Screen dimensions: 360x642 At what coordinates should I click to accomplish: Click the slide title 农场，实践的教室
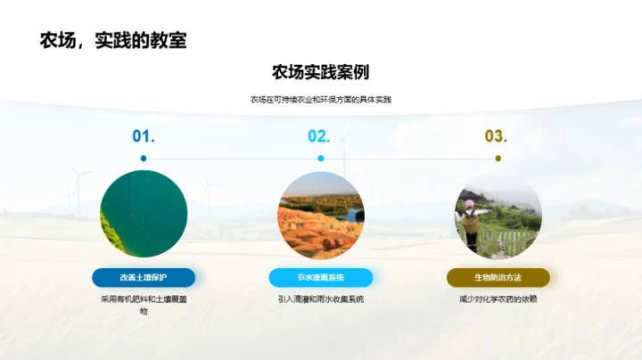coord(114,41)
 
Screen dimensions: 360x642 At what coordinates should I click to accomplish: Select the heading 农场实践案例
coord(320,72)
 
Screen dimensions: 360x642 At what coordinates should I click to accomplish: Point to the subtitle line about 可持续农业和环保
coord(320,100)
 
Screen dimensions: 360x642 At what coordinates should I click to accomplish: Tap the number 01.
coord(144,136)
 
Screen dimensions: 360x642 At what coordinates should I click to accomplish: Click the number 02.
coord(319,136)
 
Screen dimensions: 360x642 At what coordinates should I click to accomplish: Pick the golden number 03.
coord(496,136)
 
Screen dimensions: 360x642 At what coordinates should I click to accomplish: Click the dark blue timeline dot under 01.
coord(144,159)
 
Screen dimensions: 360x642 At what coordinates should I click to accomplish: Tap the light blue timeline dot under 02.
coord(320,159)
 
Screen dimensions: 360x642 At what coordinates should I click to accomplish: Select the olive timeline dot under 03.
coord(498,159)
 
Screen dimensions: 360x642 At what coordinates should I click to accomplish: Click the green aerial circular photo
coord(144,214)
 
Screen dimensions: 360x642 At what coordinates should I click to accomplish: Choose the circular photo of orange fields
coord(320,214)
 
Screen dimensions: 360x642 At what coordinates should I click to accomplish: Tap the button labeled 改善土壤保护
coord(144,277)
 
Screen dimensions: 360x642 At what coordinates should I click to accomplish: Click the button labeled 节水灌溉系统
coord(320,277)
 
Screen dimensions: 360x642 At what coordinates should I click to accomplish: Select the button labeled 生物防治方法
coord(498,277)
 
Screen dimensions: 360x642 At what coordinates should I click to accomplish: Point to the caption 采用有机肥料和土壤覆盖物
coord(144,305)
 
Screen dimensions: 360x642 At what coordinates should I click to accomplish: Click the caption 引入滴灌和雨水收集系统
coord(320,299)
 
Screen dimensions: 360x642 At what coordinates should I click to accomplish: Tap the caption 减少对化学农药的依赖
coord(498,299)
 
